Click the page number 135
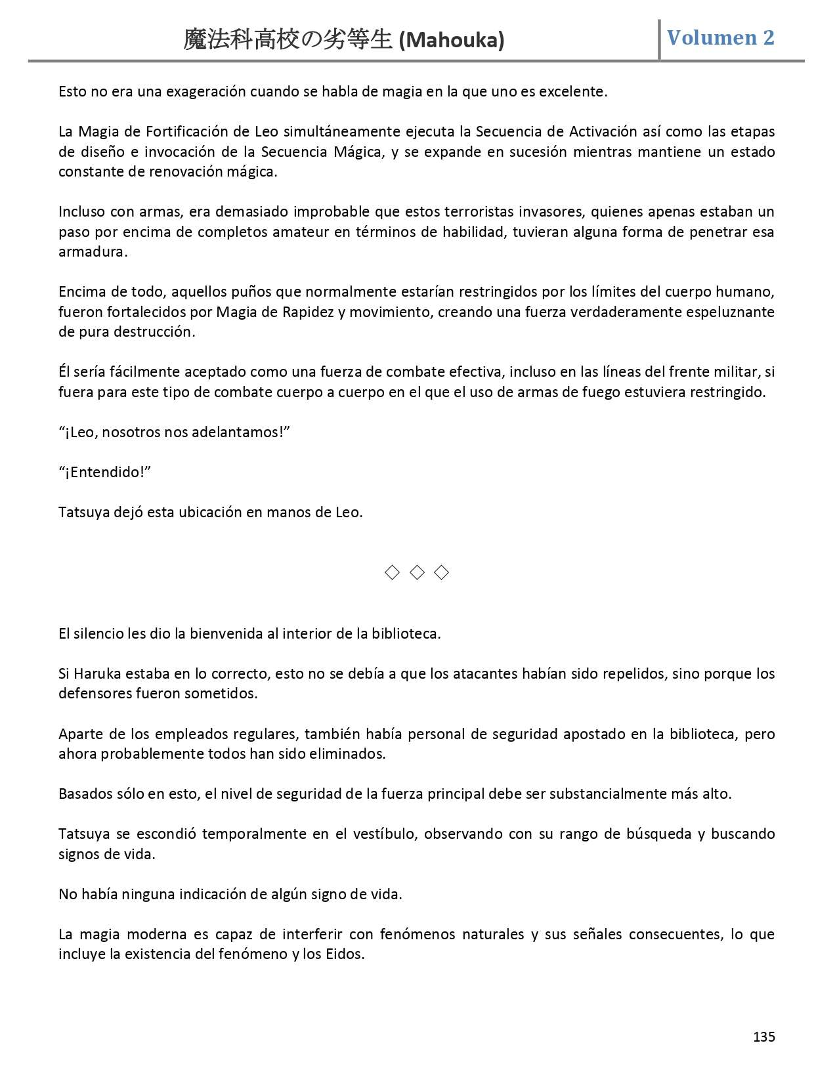click(764, 1037)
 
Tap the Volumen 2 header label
click(721, 37)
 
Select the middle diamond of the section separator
click(417, 572)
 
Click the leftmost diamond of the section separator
click(392, 572)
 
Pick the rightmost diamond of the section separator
click(442, 572)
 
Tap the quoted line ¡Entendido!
click(105, 472)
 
